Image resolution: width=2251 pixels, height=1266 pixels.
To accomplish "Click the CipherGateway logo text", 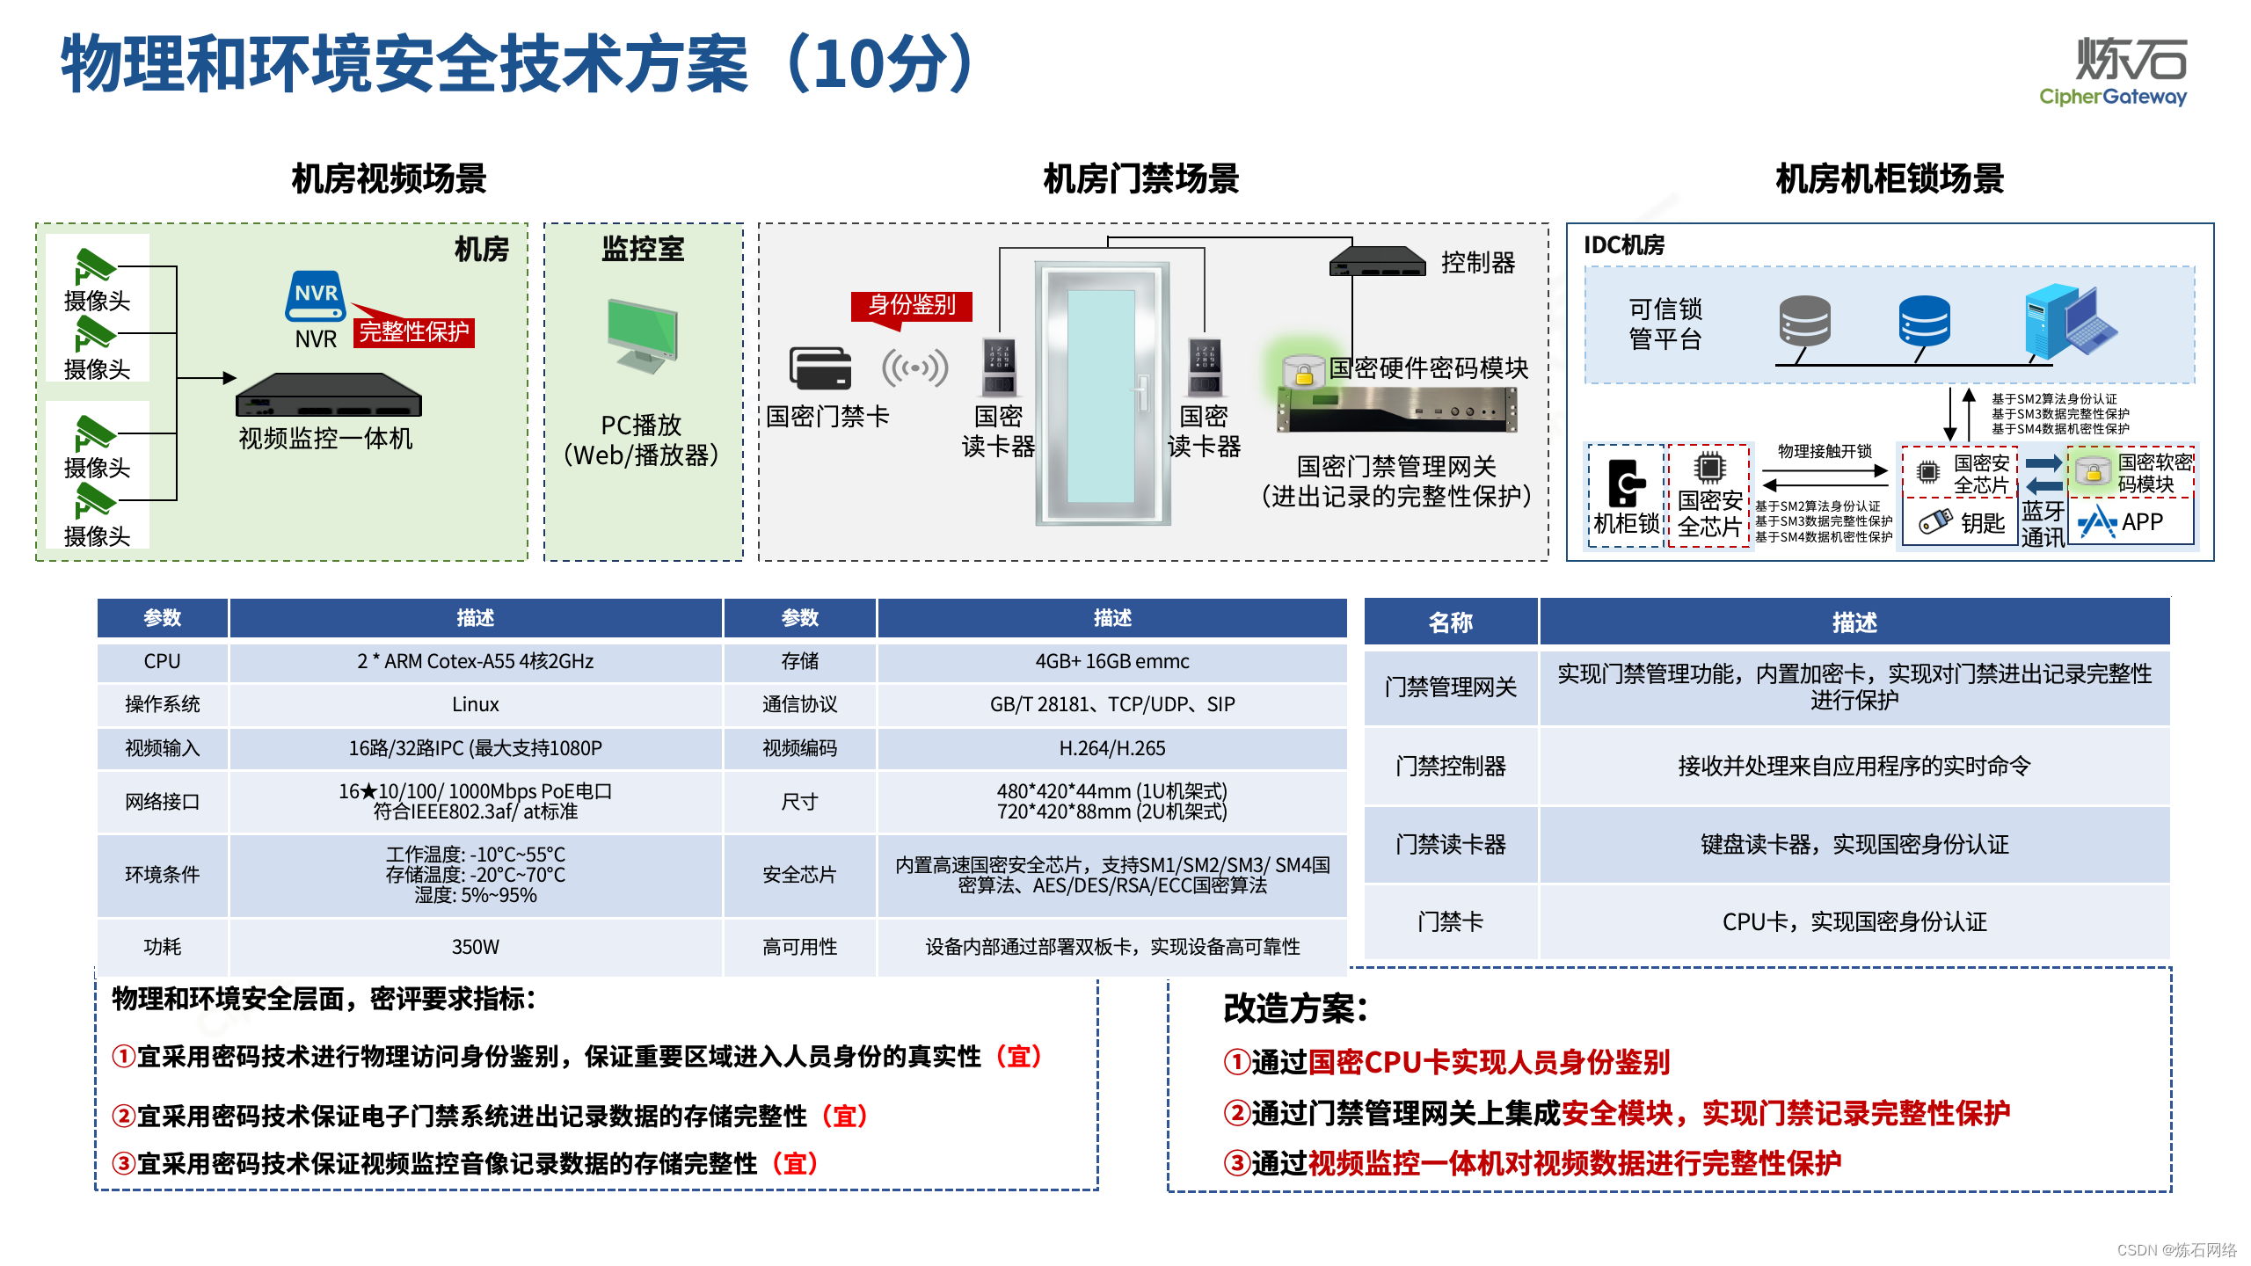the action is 2112,97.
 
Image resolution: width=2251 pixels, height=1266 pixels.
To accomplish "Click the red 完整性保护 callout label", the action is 414,332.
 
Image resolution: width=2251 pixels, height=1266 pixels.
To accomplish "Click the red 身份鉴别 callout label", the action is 912,305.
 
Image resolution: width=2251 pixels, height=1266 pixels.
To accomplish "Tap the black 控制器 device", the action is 1377,262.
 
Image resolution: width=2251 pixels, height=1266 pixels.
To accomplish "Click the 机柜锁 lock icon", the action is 1627,483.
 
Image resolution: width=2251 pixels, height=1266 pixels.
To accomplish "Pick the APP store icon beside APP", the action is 2098,522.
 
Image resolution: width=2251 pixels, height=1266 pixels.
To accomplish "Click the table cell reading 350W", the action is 475,947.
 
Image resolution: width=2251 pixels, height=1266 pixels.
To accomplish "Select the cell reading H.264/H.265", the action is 1111,748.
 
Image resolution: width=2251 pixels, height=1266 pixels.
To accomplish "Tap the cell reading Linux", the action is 475,704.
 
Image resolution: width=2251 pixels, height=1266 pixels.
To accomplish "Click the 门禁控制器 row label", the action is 1450,766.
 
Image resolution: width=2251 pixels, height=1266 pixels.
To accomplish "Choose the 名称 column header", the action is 1450,622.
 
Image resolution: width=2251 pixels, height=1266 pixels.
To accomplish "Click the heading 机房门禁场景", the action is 1140,178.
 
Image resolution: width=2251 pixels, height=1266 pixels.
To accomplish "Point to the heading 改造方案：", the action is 1295,1008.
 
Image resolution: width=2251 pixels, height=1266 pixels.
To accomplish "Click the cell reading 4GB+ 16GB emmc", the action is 1111,661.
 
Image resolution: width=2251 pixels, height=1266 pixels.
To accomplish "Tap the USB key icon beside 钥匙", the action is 1934,521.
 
